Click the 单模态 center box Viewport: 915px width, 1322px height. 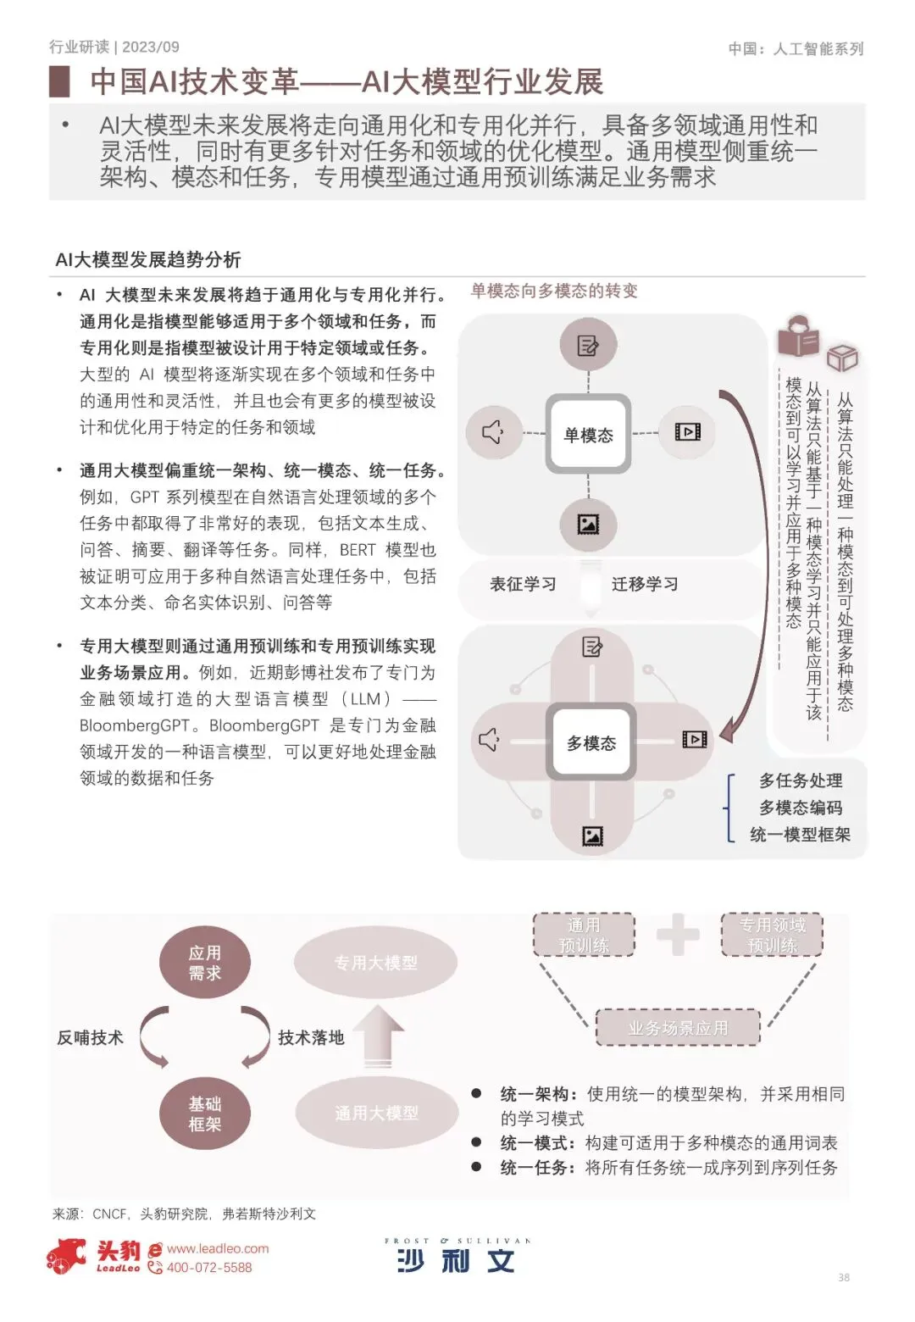pyautogui.click(x=588, y=434)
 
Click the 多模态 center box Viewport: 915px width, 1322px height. pyautogui.click(x=591, y=742)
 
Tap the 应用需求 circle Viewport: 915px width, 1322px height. pyautogui.click(x=204, y=964)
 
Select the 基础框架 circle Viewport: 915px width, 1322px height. pyautogui.click(x=204, y=1114)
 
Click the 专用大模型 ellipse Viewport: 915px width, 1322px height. pyautogui.click(x=375, y=963)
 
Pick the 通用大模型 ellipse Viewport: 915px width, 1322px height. pyautogui.click(x=376, y=1113)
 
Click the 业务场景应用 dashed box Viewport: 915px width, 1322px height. pyautogui.click(x=678, y=1028)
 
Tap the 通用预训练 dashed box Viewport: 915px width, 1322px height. pyautogui.click(x=584, y=935)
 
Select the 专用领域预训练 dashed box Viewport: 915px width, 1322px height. pyautogui.click(x=772, y=935)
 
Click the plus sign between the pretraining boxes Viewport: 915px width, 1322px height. pyautogui.click(x=678, y=936)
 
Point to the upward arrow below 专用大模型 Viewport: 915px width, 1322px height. pyautogui.click(x=378, y=1035)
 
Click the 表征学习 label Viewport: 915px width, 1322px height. pyautogui.click(x=523, y=584)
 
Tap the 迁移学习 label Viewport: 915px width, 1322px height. pyautogui.click(x=645, y=584)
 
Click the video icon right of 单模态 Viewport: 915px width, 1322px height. pyautogui.click(x=687, y=432)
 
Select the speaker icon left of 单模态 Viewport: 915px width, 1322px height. pyautogui.click(x=493, y=432)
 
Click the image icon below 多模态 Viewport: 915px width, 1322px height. pyautogui.click(x=592, y=836)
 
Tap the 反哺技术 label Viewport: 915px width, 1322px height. pyautogui.click(x=90, y=1037)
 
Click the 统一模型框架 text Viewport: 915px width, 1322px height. pyautogui.click(x=800, y=835)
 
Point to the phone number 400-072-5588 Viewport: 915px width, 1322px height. pyautogui.click(x=209, y=1268)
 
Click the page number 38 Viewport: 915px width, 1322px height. pyautogui.click(x=843, y=1277)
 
